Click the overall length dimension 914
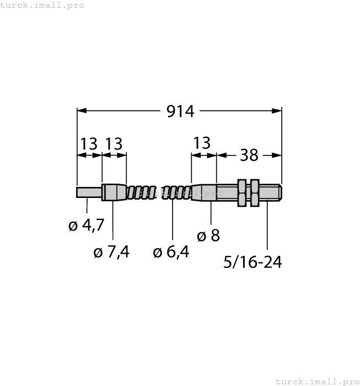pos(180,111)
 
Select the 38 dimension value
pos(249,156)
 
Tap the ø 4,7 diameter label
pos(86,226)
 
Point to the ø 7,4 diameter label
pos(111,252)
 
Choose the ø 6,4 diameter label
pos(171,252)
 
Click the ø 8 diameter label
pos(208,235)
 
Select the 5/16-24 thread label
pos(253,262)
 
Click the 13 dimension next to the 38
pos(202,143)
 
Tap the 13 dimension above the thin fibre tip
pos(88,144)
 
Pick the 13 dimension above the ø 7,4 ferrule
pos(114,144)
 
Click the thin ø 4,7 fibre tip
pos(89,192)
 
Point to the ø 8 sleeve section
pos(204,192)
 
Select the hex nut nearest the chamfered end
pos(255,192)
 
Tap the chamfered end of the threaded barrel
pos(280,192)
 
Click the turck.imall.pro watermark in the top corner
pos(42,5)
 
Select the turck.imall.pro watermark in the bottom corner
pos(317,381)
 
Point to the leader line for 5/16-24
pos(267,226)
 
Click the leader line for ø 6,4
pos(172,221)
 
